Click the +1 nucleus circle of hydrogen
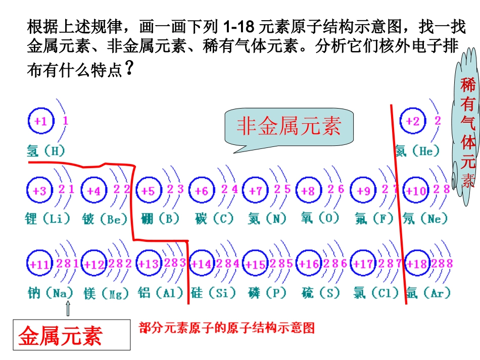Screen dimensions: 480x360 coord(40,121)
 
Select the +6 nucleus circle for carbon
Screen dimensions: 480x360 coord(201,191)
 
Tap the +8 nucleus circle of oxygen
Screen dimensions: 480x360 coord(308,191)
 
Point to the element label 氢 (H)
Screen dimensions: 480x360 coord(45,150)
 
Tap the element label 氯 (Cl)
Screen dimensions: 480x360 coord(374,293)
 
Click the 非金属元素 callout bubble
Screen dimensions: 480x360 coord(289,126)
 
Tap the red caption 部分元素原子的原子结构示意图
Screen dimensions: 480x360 coord(227,328)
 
